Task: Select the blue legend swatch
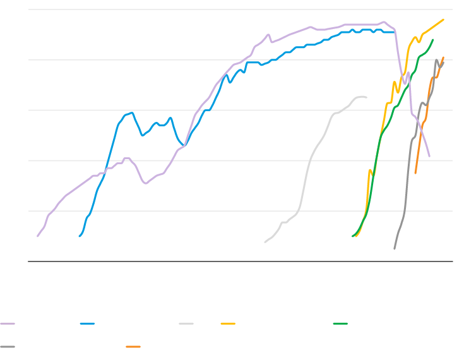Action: (87, 323)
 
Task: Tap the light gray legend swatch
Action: (186, 323)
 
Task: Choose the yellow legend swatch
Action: (228, 323)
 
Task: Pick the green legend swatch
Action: (340, 323)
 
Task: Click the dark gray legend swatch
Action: (8, 347)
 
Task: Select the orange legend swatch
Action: (133, 347)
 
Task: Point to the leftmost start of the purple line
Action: (38, 236)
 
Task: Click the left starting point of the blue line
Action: (80, 236)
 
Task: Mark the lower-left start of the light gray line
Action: (265, 242)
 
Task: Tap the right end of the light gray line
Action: (366, 97)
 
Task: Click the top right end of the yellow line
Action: (444, 20)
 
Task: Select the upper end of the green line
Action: (433, 40)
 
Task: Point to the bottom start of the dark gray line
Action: (395, 249)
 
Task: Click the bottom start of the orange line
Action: (415, 173)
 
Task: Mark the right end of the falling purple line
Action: (429, 156)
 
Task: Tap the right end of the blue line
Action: (395, 32)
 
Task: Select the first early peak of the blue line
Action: (131, 113)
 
